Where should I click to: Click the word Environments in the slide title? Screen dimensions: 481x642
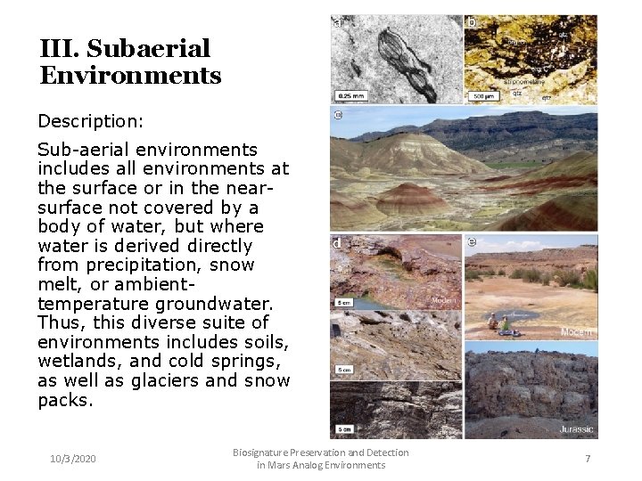coord(130,76)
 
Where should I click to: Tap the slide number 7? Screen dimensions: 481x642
coord(588,458)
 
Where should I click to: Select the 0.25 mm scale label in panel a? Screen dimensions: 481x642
coord(349,94)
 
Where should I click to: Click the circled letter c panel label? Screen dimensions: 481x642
coord(338,115)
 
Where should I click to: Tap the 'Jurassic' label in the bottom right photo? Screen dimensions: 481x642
coord(576,428)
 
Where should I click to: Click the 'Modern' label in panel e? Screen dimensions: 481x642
coord(576,332)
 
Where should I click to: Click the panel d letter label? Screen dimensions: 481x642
coord(337,243)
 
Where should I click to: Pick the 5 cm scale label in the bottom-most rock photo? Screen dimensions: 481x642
coord(344,428)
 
